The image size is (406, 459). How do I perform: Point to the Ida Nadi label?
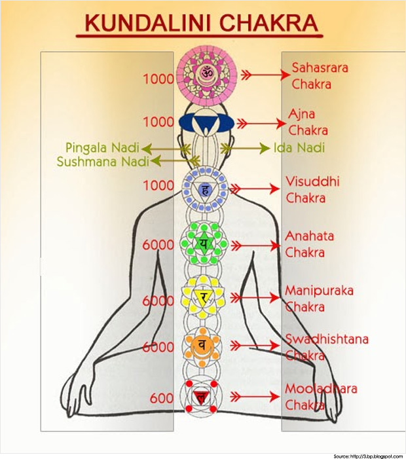[x=299, y=148]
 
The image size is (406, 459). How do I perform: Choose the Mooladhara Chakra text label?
[x=321, y=397]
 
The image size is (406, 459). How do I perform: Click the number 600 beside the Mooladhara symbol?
[x=161, y=398]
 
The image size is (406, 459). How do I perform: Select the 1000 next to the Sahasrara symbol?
[x=158, y=79]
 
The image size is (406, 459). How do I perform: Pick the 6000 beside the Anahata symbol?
[x=158, y=245]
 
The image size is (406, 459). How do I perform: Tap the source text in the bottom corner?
[x=367, y=455]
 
